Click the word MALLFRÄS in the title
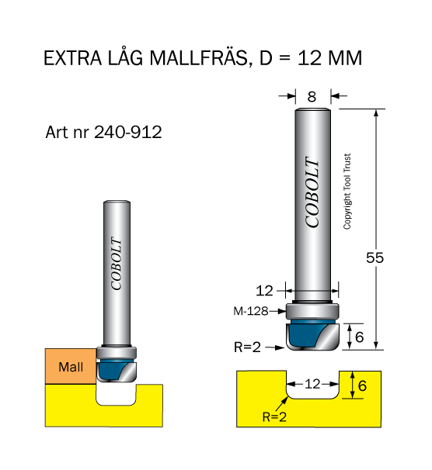pos(198,58)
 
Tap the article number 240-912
pos(128,132)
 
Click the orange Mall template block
pos(71,366)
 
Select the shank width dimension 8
pos(312,97)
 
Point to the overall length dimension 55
pos(375,257)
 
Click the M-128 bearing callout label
pos(251,311)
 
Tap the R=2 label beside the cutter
pos(247,347)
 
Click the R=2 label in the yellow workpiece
pos(274,416)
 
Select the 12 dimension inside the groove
pos(312,384)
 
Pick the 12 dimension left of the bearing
pos(264,291)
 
